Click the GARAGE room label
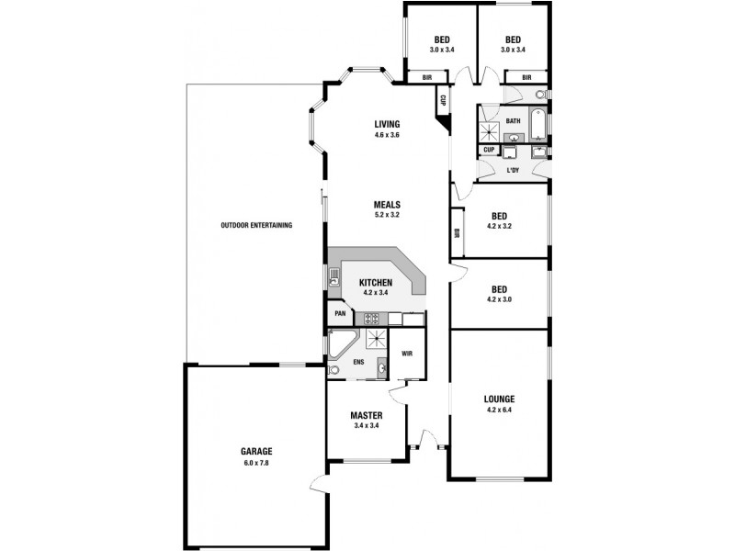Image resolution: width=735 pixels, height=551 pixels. coord(256,451)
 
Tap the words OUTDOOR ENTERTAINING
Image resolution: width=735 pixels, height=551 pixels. coord(256,225)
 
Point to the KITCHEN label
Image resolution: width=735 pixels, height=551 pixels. coord(376,283)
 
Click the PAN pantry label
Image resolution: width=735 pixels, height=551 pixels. coord(339,313)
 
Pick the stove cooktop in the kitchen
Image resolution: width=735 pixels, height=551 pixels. coord(373,319)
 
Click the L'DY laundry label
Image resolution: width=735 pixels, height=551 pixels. coord(513,171)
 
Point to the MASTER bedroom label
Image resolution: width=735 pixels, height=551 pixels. coord(367,415)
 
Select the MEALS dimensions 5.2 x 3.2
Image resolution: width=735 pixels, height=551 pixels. coord(386,215)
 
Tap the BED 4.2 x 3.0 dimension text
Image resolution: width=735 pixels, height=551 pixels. coord(499,298)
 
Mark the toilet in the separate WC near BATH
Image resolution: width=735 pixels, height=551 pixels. coord(539,95)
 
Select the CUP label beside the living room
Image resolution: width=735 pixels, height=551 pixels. coord(443,100)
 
